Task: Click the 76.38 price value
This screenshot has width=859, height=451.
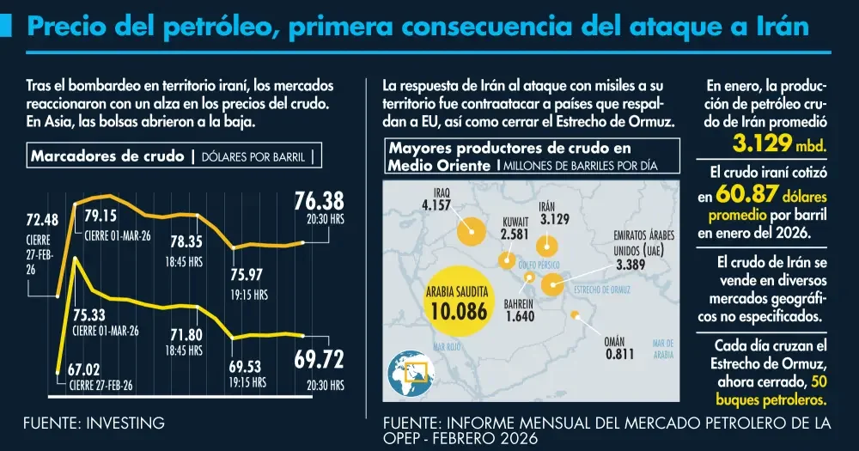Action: tap(318, 201)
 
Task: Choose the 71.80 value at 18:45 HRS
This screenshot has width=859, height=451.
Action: tap(186, 333)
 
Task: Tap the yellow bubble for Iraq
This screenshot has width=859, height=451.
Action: tap(469, 230)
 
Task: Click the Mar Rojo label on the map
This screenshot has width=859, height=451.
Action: tap(448, 347)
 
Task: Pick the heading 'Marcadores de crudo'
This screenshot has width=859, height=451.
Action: tap(107, 156)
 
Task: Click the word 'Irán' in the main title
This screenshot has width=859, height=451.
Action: tap(777, 27)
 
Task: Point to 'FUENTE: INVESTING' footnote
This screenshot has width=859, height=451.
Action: tap(94, 423)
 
